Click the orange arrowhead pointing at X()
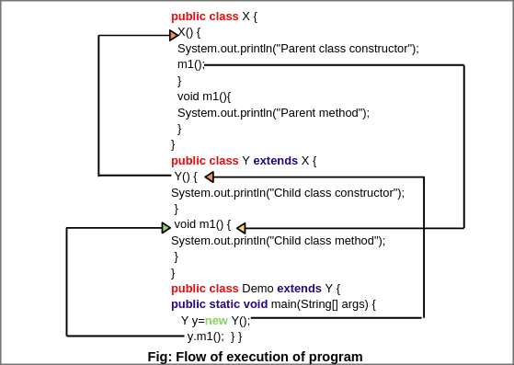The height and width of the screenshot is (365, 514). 174,35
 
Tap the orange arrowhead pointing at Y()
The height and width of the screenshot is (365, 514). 209,177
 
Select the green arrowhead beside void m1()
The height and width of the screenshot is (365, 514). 166,227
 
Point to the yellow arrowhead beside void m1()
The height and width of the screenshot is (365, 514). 241,228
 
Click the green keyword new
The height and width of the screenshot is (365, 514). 216,321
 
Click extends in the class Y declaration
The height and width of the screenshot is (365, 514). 275,161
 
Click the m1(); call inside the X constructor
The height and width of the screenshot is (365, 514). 190,64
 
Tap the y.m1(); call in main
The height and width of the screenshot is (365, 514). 206,336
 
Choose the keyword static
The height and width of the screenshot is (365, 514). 224,304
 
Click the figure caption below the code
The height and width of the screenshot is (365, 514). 255,357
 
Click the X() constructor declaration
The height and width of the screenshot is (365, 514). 188,32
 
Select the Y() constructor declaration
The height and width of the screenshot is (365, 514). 186,177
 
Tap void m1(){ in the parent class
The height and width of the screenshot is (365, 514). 204,97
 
